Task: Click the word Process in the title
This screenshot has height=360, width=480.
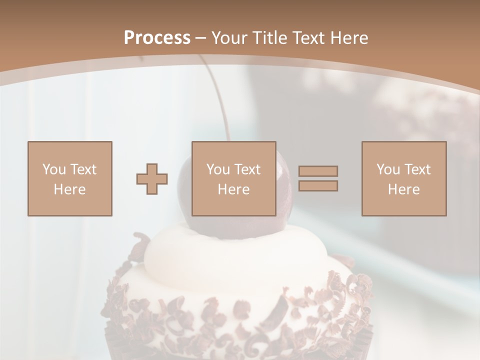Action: click(x=157, y=38)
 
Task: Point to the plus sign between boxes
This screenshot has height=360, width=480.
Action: click(x=152, y=179)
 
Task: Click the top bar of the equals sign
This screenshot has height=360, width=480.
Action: click(x=318, y=171)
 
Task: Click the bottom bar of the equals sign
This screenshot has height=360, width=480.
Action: click(x=318, y=185)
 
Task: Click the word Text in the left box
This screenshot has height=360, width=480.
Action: click(x=83, y=169)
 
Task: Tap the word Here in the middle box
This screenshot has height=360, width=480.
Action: click(x=234, y=189)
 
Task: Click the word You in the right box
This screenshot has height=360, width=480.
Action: click(x=388, y=169)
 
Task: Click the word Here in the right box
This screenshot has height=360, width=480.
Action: click(x=404, y=189)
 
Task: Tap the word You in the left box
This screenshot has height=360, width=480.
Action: click(x=54, y=169)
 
